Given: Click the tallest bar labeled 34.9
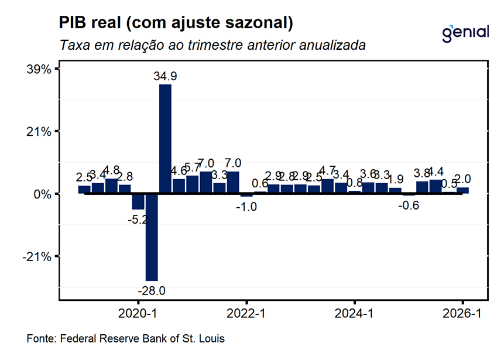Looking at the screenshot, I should pyautogui.click(x=165, y=139).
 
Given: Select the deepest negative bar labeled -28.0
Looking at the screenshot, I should pyautogui.click(x=152, y=237).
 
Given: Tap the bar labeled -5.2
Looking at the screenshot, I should pyautogui.click(x=138, y=201).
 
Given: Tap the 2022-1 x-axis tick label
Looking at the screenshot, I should pyautogui.click(x=246, y=314).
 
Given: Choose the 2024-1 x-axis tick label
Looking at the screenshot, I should pyautogui.click(x=355, y=314).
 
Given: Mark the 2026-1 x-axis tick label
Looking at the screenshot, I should pyautogui.click(x=462, y=314).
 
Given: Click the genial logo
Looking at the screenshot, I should pyautogui.click(x=465, y=32).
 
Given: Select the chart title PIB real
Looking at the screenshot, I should pyautogui.click(x=176, y=23).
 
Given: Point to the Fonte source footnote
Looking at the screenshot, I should pyautogui.click(x=126, y=339).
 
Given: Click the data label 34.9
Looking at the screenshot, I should pyautogui.click(x=166, y=76).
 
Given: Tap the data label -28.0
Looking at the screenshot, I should pyautogui.click(x=152, y=290).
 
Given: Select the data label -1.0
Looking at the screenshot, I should pyautogui.click(x=246, y=206).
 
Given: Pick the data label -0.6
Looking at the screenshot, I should pyautogui.click(x=408, y=205).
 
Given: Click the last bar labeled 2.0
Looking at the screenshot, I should pyautogui.click(x=462, y=190).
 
